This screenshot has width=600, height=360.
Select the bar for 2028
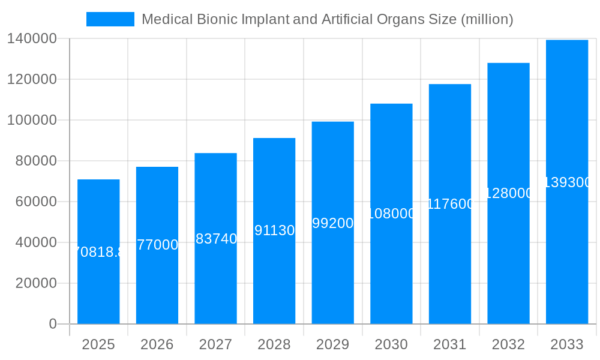(x=274, y=276)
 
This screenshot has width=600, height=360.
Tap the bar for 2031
(x=450, y=264)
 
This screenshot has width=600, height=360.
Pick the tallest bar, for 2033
(x=567, y=252)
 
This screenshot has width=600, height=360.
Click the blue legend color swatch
(x=110, y=19)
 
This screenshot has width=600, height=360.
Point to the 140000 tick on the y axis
(x=32, y=39)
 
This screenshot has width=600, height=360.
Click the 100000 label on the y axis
(x=32, y=120)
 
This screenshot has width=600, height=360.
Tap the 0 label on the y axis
(x=53, y=324)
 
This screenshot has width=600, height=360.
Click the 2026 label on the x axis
(x=157, y=344)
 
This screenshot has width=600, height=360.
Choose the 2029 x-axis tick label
(x=333, y=344)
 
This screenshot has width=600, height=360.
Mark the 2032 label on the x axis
(x=508, y=344)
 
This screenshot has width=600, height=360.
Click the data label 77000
(x=157, y=245)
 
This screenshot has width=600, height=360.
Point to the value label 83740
(x=216, y=239)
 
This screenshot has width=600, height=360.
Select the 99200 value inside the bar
(x=333, y=223)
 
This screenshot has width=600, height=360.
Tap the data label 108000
(x=391, y=214)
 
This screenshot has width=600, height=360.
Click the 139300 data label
(x=567, y=182)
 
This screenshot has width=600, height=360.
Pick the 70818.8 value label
(x=98, y=252)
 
